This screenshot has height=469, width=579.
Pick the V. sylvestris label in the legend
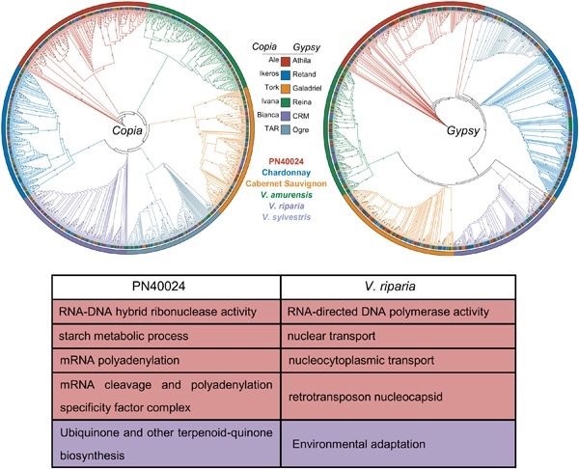(290, 222)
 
